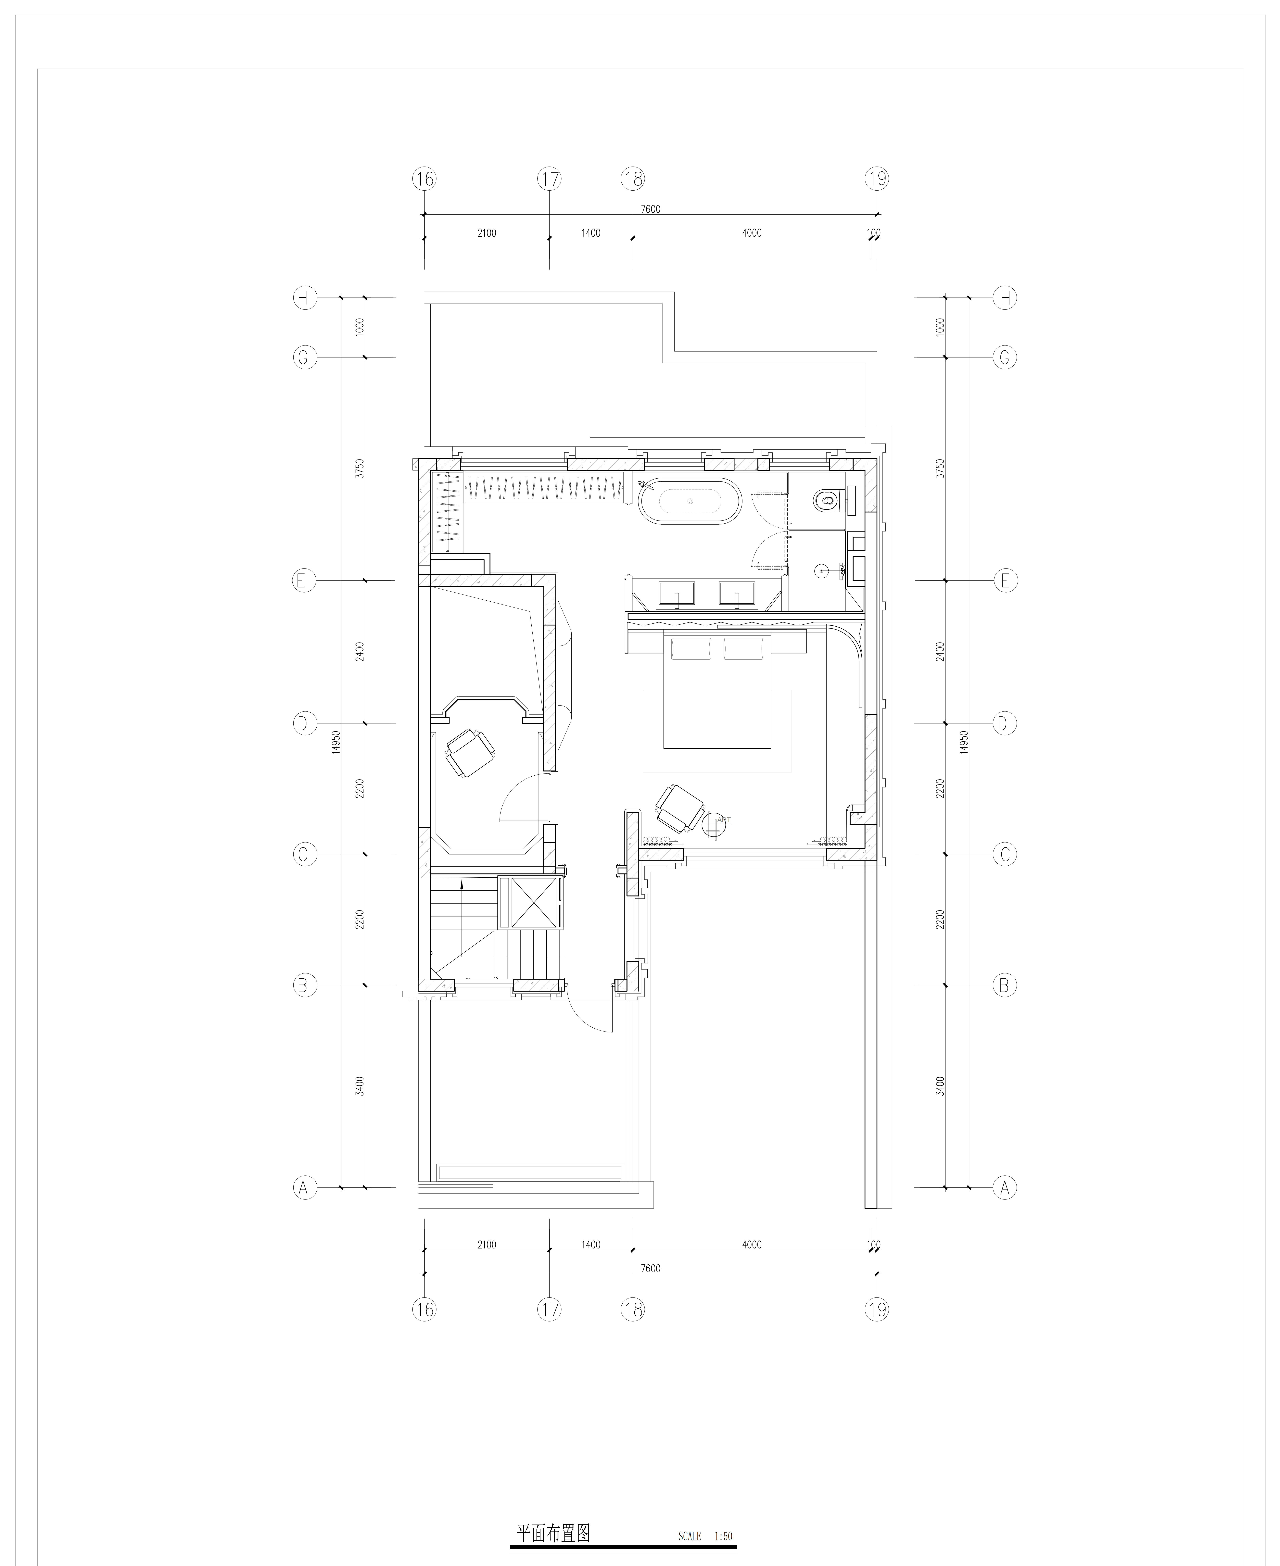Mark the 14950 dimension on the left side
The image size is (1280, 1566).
pyautogui.click(x=336, y=743)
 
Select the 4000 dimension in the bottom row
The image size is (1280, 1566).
pyautogui.click(x=751, y=1245)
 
